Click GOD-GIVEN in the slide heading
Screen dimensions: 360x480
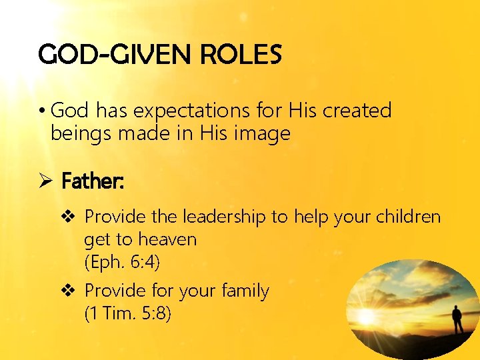[x=111, y=54]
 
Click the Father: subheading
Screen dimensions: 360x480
[x=92, y=180]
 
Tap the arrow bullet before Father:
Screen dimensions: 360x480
[x=45, y=180]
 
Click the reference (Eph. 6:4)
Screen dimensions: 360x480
[x=122, y=262]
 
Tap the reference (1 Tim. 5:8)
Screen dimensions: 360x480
[x=127, y=313]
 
